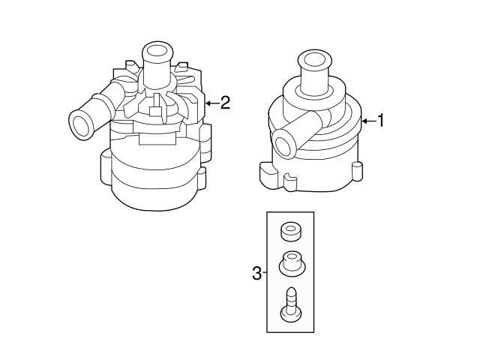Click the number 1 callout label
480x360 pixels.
[x=381, y=120]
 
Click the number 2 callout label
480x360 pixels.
[x=224, y=103]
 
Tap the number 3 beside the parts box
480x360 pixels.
[x=256, y=273]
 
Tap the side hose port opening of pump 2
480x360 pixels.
[x=79, y=122]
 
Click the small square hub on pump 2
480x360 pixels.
[x=156, y=112]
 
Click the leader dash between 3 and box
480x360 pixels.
[x=264, y=273]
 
